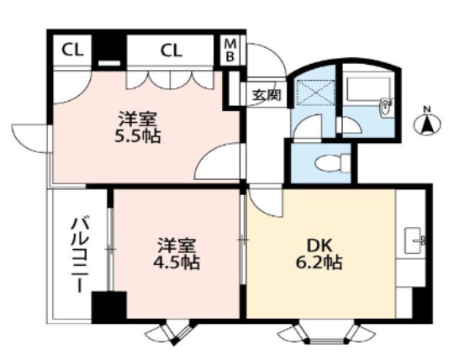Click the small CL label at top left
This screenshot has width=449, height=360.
[x=71, y=50]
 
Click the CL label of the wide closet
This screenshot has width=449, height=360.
[x=172, y=50]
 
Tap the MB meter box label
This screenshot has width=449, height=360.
[x=230, y=50]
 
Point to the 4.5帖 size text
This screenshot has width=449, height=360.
[x=177, y=262]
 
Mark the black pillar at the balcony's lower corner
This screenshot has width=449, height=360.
[x=108, y=306]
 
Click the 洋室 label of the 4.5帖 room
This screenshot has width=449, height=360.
[x=177, y=245]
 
